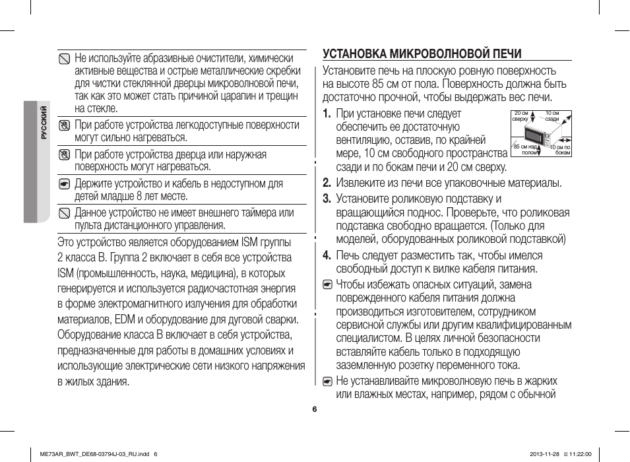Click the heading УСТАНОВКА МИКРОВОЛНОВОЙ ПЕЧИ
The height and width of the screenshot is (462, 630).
pyautogui.click(x=422, y=53)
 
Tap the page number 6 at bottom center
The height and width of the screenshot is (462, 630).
pyautogui.click(x=315, y=409)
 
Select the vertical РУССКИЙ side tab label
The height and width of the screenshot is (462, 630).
pyautogui.click(x=44, y=123)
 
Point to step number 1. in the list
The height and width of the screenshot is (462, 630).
pyautogui.click(x=327, y=114)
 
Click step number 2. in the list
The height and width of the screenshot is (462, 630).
pyautogui.click(x=327, y=183)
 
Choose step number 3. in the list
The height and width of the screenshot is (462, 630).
pyautogui.click(x=327, y=199)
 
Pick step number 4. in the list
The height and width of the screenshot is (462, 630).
pyautogui.click(x=327, y=255)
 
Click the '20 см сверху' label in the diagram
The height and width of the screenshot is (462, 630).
pyautogui.click(x=520, y=116)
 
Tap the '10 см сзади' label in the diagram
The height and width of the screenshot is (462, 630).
pyautogui.click(x=552, y=116)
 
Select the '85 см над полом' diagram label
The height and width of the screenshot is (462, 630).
pyautogui.click(x=525, y=150)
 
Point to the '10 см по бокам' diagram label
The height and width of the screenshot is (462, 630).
pyautogui.click(x=560, y=150)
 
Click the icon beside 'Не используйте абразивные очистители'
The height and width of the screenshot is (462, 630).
pyautogui.click(x=63, y=58)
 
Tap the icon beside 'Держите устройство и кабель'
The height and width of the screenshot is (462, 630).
pyautogui.click(x=63, y=183)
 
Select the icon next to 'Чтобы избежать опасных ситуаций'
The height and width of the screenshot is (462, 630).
pyautogui.click(x=327, y=285)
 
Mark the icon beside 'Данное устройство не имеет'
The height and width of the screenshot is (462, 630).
pyautogui.click(x=63, y=213)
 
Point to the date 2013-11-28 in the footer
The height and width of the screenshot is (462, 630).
pyautogui.click(x=544, y=453)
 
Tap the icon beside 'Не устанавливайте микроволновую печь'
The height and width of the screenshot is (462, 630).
pyautogui.click(x=327, y=381)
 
